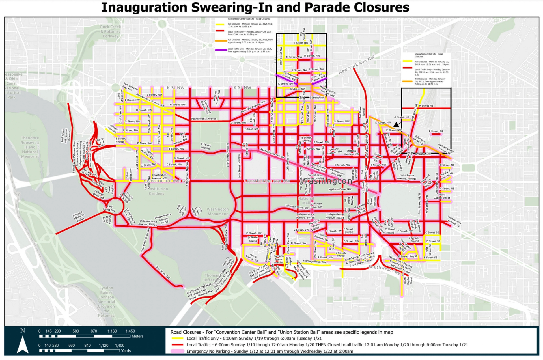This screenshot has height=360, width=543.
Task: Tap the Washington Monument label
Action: (x=217, y=212)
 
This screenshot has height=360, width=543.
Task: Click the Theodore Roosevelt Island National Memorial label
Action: (x=30, y=147)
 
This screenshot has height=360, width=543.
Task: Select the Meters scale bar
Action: (x=85, y=336)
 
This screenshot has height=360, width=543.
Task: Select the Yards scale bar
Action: (x=79, y=350)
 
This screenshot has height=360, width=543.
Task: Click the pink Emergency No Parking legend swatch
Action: (x=177, y=351)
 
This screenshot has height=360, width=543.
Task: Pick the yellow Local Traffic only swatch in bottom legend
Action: (x=177, y=338)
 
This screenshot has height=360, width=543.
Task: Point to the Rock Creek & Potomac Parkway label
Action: (x=111, y=31)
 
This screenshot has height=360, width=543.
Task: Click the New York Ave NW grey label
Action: (x=356, y=65)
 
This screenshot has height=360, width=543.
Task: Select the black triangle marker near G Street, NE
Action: (x=397, y=125)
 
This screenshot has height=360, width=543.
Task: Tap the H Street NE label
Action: (x=426, y=106)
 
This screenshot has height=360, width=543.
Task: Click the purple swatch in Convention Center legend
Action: (x=221, y=50)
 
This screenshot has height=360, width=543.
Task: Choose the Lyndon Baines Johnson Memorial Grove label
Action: (x=106, y=301)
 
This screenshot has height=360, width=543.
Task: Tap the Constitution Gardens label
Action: (x=156, y=191)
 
